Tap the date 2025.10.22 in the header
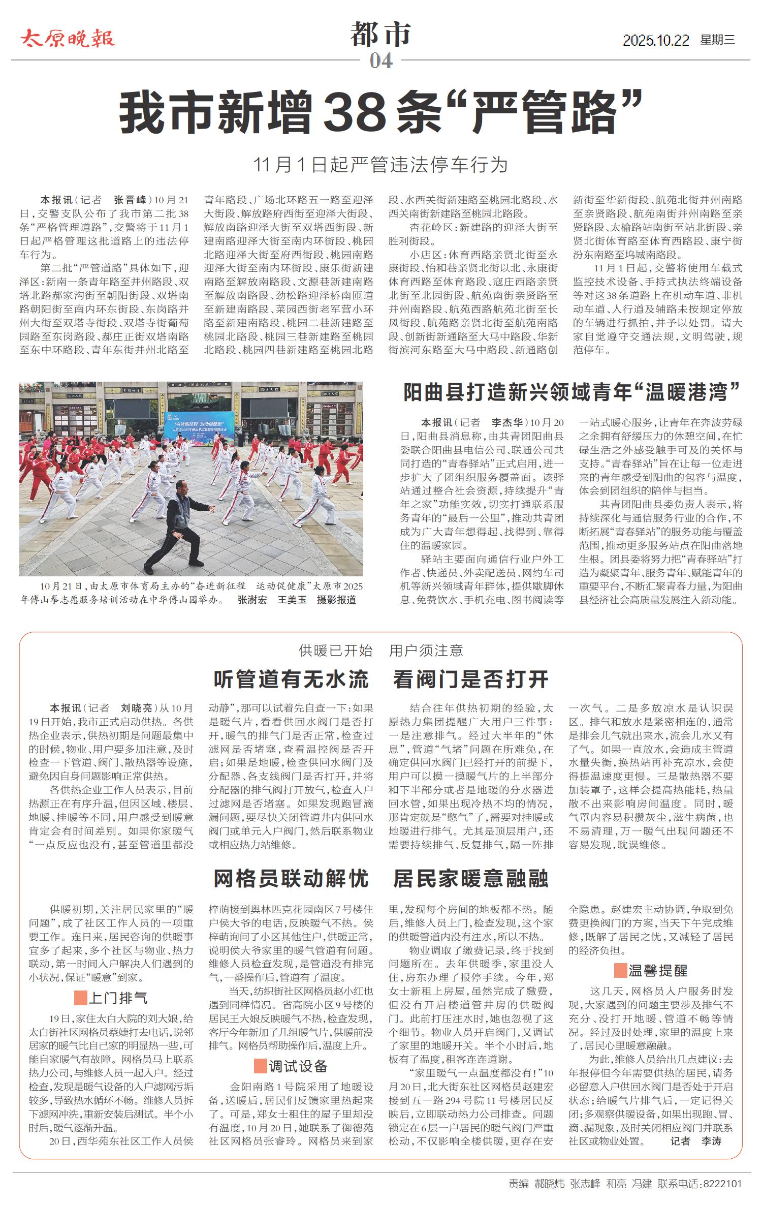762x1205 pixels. [655, 40]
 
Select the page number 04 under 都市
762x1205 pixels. [381, 61]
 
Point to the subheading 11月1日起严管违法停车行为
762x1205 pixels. [380, 165]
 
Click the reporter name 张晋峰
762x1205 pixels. [130, 200]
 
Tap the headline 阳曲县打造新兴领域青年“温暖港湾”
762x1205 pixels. [571, 393]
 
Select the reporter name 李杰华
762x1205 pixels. [506, 422]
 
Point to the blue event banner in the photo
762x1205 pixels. [199, 422]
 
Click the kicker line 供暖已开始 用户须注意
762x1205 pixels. [380, 651]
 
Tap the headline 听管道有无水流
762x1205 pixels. [291, 679]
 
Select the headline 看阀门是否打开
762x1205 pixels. [470, 679]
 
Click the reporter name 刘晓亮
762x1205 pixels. [136, 708]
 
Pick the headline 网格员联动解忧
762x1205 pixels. [291, 878]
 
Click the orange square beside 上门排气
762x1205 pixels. [80, 998]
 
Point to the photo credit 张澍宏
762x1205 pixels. [252, 600]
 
